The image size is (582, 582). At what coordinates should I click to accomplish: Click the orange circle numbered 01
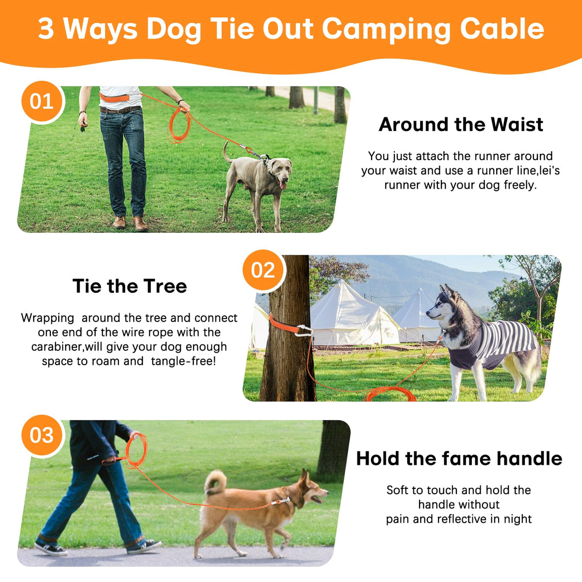click(42, 101)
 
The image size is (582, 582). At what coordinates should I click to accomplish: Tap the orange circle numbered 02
click(263, 270)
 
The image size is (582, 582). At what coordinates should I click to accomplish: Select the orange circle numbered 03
click(42, 435)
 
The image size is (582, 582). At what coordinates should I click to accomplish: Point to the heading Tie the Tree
click(129, 286)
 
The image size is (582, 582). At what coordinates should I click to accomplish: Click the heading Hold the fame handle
click(459, 458)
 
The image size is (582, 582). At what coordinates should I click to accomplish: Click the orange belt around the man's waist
click(115, 97)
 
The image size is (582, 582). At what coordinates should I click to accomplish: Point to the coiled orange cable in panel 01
click(179, 125)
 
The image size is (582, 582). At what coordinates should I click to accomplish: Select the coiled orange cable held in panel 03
click(136, 451)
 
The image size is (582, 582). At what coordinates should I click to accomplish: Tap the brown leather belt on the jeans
click(120, 110)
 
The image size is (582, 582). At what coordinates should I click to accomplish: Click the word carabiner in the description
click(56, 347)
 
